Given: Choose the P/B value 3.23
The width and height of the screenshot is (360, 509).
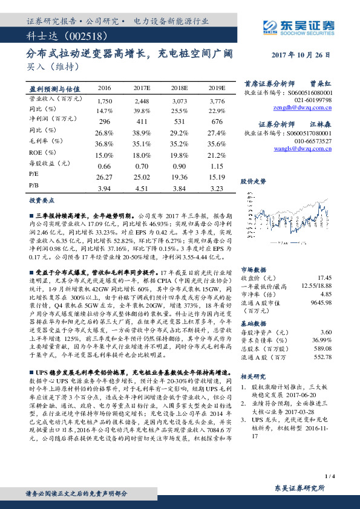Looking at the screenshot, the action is point(217,188).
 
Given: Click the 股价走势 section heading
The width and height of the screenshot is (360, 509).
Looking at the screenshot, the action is point(253,181).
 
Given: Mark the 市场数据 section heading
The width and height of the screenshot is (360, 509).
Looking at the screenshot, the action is point(253,270).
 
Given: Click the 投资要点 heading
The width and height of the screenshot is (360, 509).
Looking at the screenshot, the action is point(42,200).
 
